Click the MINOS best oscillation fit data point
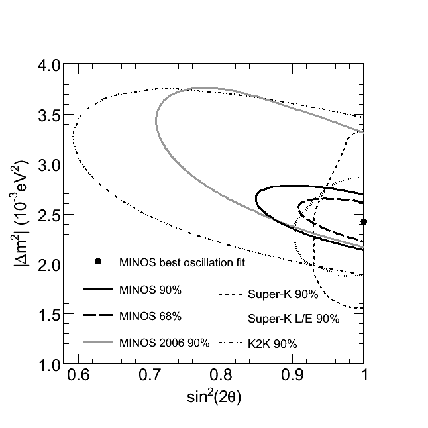(363, 221)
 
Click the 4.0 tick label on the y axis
(47, 66)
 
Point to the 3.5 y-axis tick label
(47, 115)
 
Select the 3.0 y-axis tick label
(47, 165)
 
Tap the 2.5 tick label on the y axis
(47, 215)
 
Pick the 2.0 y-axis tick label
(47, 265)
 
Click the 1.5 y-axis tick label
(47, 315)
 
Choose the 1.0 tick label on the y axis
(47, 365)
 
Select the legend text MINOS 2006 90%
(164, 343)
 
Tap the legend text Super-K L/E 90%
(293, 319)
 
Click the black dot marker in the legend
(98, 262)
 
